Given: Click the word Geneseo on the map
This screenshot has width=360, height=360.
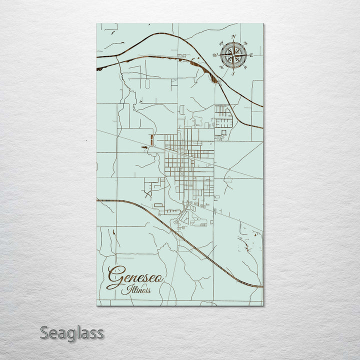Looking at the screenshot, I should click(135, 275).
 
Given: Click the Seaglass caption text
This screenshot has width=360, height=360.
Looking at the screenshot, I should click(72, 332).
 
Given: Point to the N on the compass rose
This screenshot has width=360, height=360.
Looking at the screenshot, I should click(233, 36).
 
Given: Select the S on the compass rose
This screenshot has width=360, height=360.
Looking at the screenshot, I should click(233, 73).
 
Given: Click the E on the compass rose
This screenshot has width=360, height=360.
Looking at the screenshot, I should click(251, 55).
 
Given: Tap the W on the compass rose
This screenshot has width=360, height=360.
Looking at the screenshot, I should click(215, 55).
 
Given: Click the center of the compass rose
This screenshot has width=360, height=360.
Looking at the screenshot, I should click(233, 54).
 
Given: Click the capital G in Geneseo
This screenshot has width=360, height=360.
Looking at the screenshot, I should click(116, 276).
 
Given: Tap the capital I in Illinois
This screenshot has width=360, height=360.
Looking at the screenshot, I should click(129, 289).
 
